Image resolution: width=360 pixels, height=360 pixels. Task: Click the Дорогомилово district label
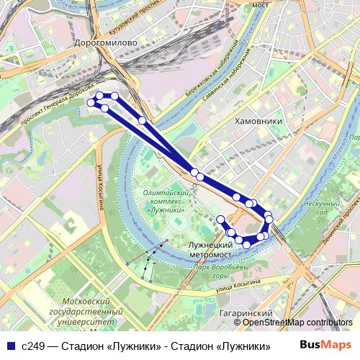click(x=106, y=43)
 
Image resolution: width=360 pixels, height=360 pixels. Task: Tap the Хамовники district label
click(x=258, y=122)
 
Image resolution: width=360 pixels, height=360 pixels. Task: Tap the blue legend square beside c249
click(x=11, y=346)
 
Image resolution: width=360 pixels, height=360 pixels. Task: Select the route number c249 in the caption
click(x=32, y=346)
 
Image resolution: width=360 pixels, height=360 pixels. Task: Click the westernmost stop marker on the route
click(x=91, y=103)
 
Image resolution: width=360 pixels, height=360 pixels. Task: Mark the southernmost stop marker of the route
click(x=246, y=245)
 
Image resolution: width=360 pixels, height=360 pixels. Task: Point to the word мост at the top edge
click(x=260, y=4)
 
